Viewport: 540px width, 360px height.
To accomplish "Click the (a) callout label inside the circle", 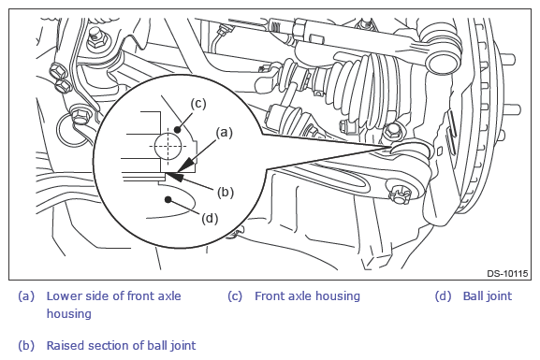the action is coord(224,133).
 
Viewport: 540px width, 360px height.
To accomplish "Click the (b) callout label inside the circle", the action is coord(226,192).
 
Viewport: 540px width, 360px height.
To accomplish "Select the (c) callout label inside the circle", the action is coord(198,104).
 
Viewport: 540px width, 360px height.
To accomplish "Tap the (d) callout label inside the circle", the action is coord(210,218).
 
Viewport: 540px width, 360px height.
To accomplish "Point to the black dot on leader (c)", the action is coord(178,130).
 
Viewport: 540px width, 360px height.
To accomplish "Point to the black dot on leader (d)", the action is coord(168,199).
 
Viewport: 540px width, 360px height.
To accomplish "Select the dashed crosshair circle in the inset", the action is coord(168,146).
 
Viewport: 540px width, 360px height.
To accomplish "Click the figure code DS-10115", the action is coord(507,274).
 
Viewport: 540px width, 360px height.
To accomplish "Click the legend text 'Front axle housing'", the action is coord(307,296).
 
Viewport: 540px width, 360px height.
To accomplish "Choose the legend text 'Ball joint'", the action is coord(488,296).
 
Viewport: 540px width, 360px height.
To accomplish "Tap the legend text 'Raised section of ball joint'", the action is coord(121,345).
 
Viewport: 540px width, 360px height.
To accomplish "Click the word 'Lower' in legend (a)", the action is coord(63,296).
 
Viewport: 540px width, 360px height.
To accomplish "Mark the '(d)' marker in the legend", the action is coord(443,296).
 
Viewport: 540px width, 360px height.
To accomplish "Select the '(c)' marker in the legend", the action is coord(235,296).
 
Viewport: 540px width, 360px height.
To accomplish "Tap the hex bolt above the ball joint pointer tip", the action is coord(392,132).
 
